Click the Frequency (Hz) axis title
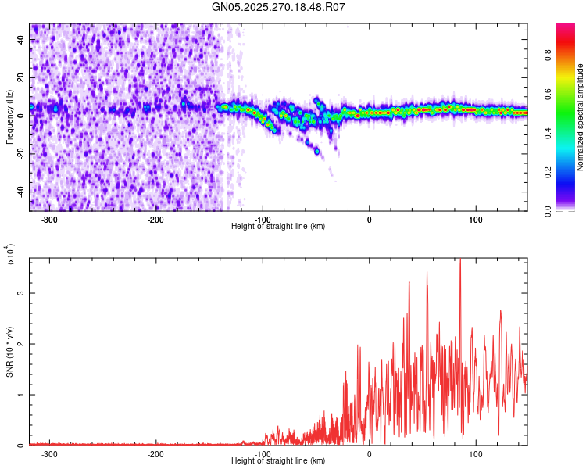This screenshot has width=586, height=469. coord(9,117)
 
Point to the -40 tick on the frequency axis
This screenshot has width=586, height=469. coord(20,192)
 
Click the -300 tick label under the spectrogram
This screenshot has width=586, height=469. coord(48,220)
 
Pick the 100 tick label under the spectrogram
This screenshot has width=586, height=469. coord(475,220)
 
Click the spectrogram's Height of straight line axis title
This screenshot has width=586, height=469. coord(278,227)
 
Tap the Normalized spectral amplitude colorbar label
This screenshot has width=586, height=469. coord(581,117)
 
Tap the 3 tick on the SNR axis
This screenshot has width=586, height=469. coord(21,293)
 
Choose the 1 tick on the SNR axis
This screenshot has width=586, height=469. coord(21,395)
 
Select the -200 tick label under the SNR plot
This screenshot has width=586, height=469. coord(155,454)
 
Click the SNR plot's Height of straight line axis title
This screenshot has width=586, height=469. coord(278,461)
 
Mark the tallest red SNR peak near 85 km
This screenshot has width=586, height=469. coord(460,261)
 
